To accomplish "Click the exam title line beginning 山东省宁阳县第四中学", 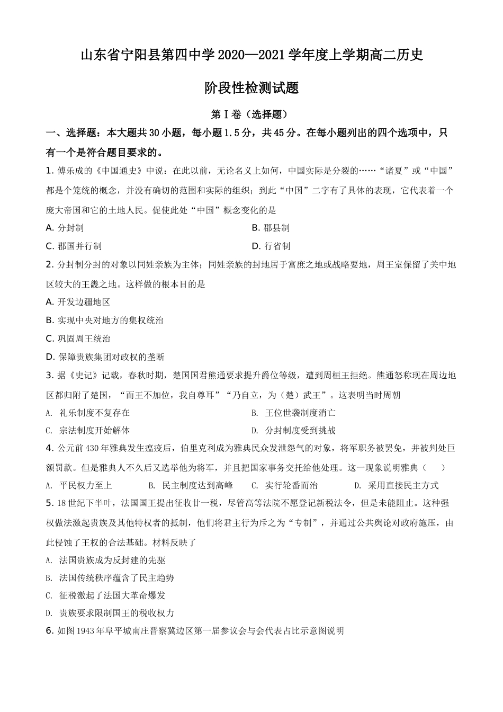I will [251, 55].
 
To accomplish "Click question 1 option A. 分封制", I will [65, 228].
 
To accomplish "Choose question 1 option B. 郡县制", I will [270, 228].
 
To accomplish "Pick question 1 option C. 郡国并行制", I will [74, 246].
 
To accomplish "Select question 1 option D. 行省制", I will [271, 246].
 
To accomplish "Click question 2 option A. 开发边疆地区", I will [78, 302].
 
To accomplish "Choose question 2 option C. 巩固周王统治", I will [78, 339].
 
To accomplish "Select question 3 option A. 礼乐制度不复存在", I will [88, 413].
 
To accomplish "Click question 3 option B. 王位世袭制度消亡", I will [293, 413].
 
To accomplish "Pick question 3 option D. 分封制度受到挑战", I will [293, 430].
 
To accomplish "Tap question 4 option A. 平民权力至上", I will [79, 485].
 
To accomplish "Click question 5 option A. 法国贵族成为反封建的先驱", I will [106, 560].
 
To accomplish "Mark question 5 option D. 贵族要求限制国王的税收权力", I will [110, 613].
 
